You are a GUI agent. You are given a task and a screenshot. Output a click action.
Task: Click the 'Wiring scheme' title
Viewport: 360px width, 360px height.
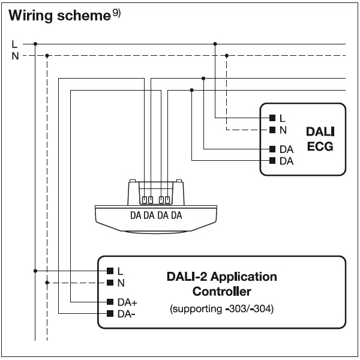click(59, 16)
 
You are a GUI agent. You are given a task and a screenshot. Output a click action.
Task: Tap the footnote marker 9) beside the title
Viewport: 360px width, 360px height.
click(116, 13)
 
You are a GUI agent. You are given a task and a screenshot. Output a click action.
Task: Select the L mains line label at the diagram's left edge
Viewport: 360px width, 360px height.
click(14, 44)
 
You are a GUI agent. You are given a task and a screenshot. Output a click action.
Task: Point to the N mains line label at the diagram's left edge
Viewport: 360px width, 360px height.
click(15, 56)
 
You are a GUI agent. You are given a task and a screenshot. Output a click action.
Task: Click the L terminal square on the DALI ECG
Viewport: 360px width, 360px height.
click(272, 118)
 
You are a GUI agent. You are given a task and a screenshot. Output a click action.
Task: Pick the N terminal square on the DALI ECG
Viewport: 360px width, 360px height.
click(272, 130)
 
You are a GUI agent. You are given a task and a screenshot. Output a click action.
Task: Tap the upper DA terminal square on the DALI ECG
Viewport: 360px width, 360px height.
click(272, 149)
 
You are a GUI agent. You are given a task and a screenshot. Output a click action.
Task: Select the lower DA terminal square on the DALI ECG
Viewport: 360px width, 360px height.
click(272, 160)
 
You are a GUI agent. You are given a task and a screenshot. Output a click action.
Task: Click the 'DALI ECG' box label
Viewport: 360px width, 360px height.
click(320, 139)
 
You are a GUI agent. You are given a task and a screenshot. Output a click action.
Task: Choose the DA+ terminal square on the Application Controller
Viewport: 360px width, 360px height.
click(110, 302)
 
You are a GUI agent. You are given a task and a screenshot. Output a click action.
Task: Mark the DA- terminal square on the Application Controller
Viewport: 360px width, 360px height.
click(110, 313)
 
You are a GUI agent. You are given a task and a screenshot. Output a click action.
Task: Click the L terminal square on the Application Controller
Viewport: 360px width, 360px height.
click(110, 271)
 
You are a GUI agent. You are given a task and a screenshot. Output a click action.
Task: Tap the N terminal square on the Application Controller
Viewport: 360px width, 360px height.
click(110, 283)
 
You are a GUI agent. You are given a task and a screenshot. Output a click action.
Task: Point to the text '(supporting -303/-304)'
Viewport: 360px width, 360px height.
click(222, 309)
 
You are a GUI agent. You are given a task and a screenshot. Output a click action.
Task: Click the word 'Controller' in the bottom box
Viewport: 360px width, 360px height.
click(222, 292)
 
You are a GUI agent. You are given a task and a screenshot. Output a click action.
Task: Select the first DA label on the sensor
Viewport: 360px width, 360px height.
click(136, 215)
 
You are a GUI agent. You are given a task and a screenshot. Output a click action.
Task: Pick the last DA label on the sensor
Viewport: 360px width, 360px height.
click(176, 215)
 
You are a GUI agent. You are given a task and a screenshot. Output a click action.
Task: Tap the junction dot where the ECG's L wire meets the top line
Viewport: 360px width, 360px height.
click(215, 44)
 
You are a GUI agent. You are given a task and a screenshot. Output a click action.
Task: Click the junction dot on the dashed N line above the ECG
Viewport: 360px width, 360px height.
click(227, 56)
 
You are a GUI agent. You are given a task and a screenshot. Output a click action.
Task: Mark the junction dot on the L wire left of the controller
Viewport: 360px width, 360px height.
click(35, 271)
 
